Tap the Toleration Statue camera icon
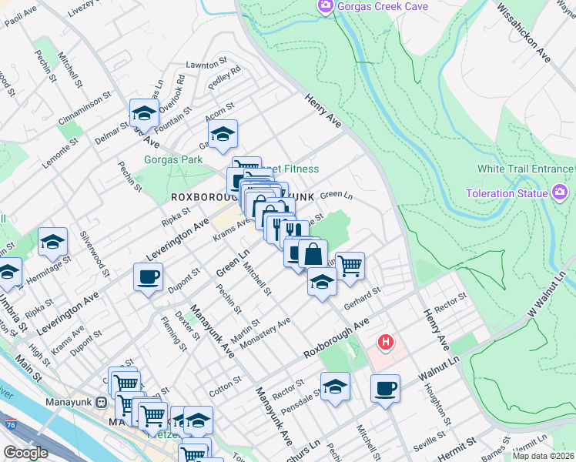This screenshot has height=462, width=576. pos(560,192)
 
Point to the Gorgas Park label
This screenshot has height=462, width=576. pos(173,160)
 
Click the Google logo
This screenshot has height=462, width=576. pos(25,453)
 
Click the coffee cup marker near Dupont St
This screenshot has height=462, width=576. pos(148,276)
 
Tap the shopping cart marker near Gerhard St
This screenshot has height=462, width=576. pos(350,266)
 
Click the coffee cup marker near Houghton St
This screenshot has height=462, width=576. pos(385,388)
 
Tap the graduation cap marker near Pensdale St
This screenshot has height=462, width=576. pos(335,387)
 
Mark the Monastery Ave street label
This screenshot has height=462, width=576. pos(266,333)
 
